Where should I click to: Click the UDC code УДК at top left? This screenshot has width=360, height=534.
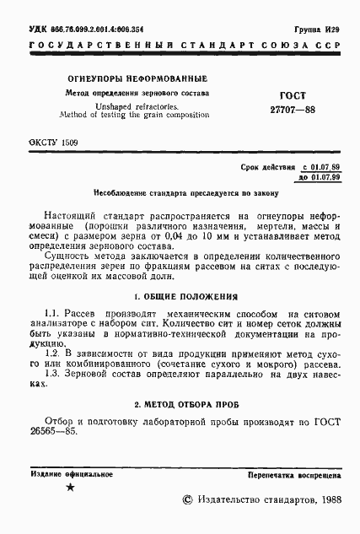tap(39, 29)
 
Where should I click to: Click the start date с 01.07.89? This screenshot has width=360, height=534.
tap(320, 167)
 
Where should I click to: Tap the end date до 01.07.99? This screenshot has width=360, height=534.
tap(320, 178)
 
